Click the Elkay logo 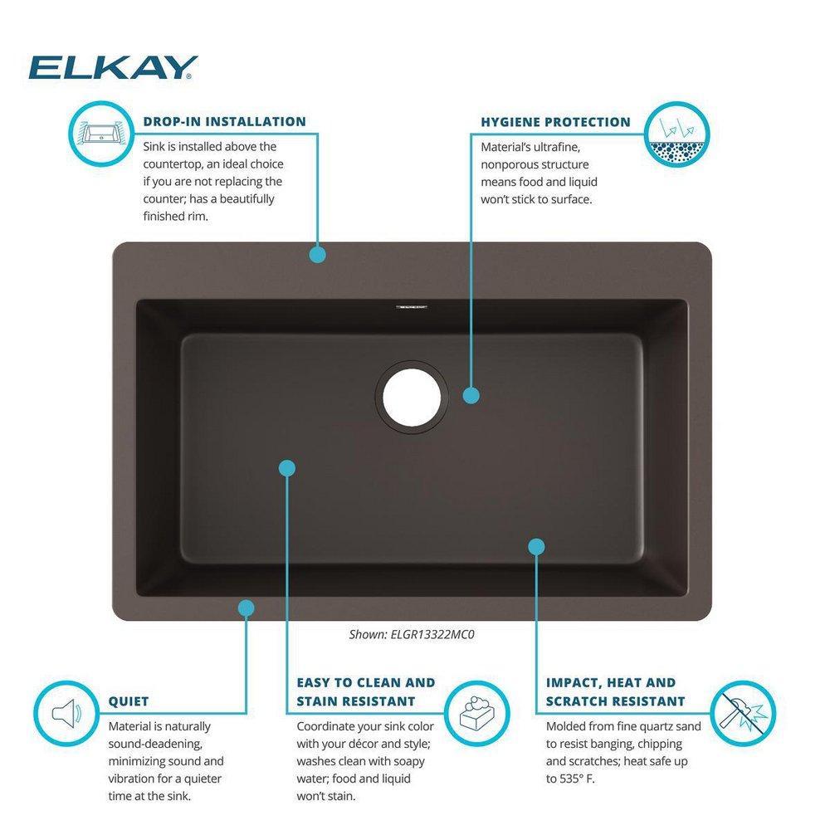[x=114, y=67]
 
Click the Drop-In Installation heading [x=224, y=122]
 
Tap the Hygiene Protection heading [x=555, y=122]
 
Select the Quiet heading [x=129, y=702]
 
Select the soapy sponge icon [x=477, y=712]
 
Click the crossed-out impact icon [x=743, y=712]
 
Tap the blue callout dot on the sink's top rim [x=317, y=255]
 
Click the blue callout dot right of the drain [x=471, y=396]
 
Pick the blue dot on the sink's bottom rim [x=246, y=608]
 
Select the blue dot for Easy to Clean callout [x=287, y=468]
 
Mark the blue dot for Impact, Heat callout [x=536, y=545]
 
